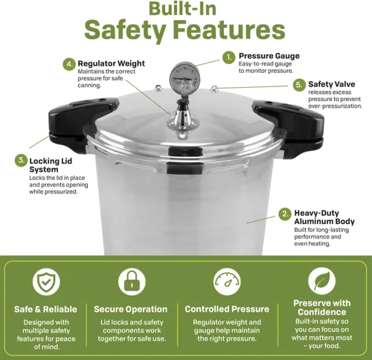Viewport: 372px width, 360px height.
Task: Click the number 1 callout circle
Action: pyautogui.click(x=228, y=58)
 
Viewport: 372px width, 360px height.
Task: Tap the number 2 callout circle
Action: pyautogui.click(x=285, y=213)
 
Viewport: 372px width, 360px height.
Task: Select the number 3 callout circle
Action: pyautogui.click(x=21, y=160)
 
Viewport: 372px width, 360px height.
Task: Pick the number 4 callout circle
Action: pyautogui.click(x=69, y=64)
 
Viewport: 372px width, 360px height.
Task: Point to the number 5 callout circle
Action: pyautogui.click(x=299, y=85)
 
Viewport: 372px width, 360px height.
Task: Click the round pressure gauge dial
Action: pyautogui.click(x=185, y=79)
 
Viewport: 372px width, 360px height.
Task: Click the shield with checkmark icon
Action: pyautogui.click(x=46, y=282)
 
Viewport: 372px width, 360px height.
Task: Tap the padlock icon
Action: pyautogui.click(x=132, y=282)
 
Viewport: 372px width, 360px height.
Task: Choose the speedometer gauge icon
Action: pyautogui.click(x=227, y=282)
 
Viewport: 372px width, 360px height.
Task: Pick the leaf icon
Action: pyautogui.click(x=321, y=281)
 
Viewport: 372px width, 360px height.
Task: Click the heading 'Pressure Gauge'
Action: pyautogui.click(x=269, y=56)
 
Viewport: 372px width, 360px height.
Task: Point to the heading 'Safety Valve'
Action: pyautogui.click(x=332, y=84)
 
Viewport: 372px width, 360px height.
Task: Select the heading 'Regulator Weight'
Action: pyautogui.click(x=111, y=63)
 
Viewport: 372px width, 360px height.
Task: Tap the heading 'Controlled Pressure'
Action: pyautogui.click(x=227, y=309)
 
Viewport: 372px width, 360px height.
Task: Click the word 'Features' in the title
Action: pyautogui.click(x=228, y=30)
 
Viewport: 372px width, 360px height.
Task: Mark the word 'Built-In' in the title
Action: pyautogui.click(x=182, y=8)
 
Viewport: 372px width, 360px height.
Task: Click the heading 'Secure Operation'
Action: pyautogui.click(x=131, y=309)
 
